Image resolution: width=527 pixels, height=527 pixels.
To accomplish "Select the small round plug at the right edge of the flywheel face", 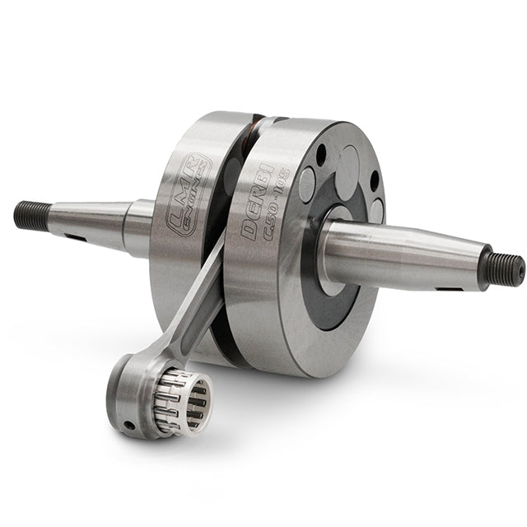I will pos(376,211).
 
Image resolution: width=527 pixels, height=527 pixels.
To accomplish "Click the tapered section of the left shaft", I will pos(91,221).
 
